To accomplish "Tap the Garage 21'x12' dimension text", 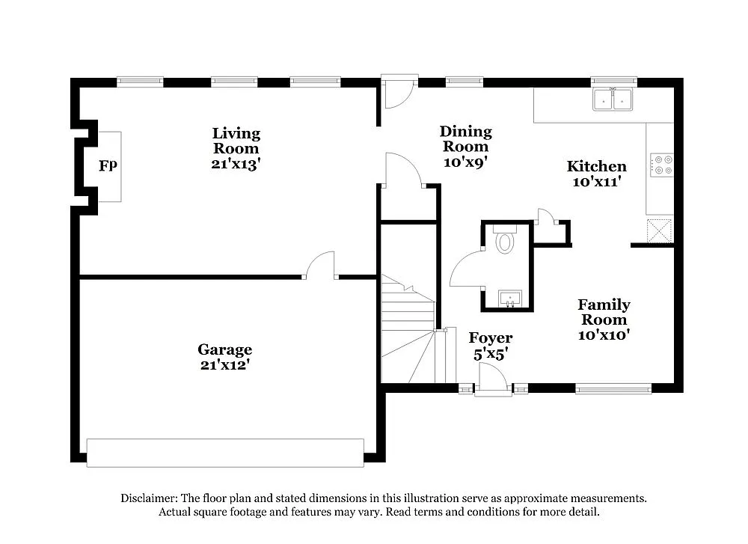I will point(224,365).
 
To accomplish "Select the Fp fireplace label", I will point(108,165).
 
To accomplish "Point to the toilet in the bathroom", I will point(506,241).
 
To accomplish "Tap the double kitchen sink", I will point(613,100).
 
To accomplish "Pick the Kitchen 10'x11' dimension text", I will point(596,181).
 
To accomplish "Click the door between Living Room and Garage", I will point(320,266).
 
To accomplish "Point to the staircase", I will point(408,329).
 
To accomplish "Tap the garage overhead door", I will point(225,453).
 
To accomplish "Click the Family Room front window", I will point(613,388).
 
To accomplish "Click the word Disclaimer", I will point(148,498).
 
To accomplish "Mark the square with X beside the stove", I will point(660,230).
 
